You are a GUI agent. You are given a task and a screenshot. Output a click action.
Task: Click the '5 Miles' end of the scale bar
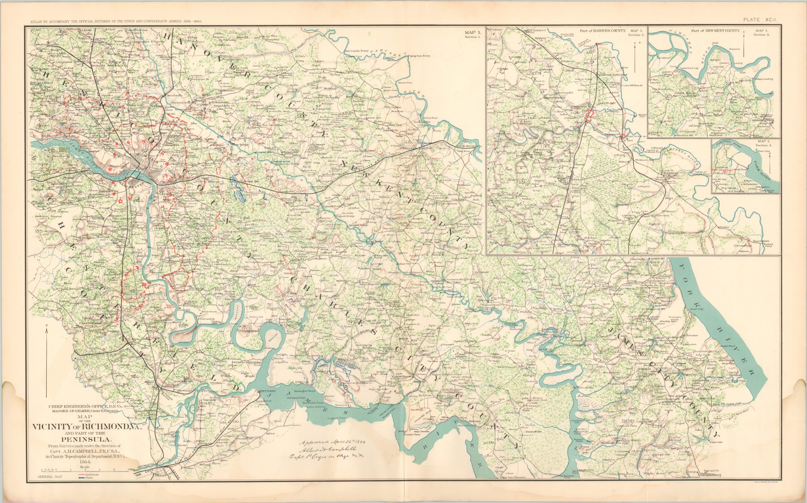pos(130,469)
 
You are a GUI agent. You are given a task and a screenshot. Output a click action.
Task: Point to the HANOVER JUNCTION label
pos(612,75)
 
